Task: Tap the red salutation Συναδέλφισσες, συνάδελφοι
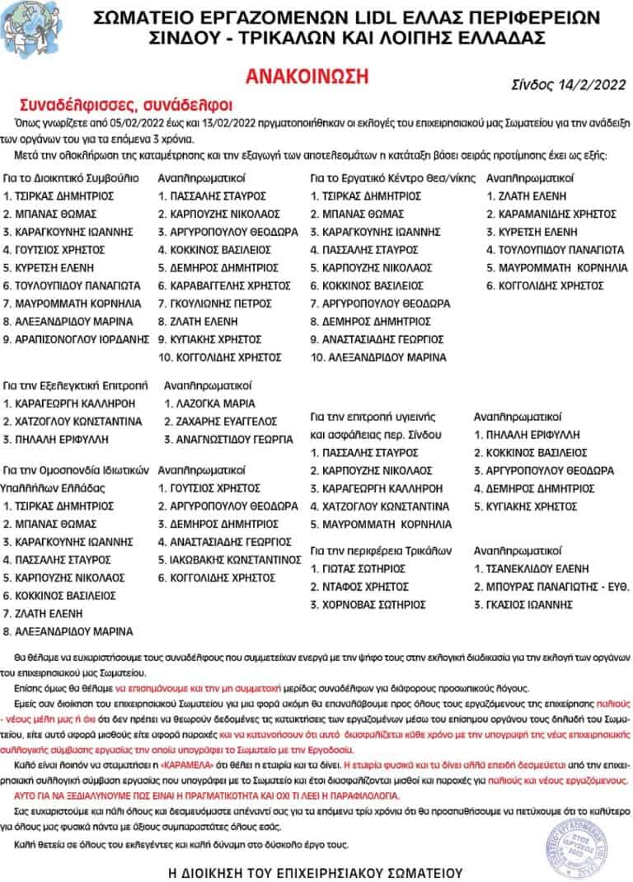126,105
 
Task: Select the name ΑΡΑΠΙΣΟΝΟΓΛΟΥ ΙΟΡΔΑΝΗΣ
76,338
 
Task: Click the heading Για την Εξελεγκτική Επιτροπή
75,385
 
